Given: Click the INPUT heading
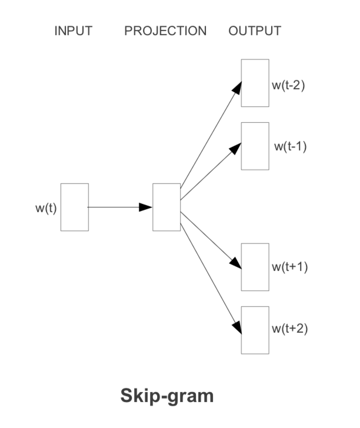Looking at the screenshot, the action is pyautogui.click(x=74, y=31).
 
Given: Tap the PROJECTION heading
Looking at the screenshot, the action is pyautogui.click(x=165, y=31).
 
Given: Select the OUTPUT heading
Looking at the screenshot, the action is pyautogui.click(x=255, y=31).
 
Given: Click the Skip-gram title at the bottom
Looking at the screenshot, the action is pyautogui.click(x=167, y=396).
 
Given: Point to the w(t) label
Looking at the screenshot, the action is pyautogui.click(x=46, y=208).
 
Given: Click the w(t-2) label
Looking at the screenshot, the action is pyautogui.click(x=288, y=85).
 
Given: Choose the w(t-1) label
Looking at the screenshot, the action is pyautogui.click(x=291, y=146).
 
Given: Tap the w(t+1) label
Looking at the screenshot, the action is pyautogui.click(x=290, y=267).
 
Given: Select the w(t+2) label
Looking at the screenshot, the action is pyautogui.click(x=290, y=329).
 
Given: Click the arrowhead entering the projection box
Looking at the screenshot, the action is pyautogui.click(x=145, y=207).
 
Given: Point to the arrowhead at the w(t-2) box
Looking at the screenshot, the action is pyautogui.click(x=237, y=88).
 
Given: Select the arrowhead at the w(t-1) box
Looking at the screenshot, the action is pyautogui.click(x=236, y=149).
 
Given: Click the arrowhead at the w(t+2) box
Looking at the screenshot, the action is pyautogui.click(x=237, y=327).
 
